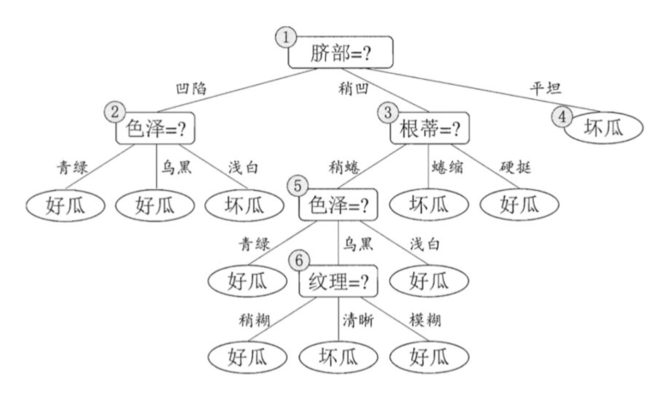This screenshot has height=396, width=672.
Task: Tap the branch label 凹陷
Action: pos(191,86)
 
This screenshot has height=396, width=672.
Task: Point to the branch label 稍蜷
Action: pos(346,166)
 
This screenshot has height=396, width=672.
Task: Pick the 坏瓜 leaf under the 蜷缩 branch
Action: pos(428,204)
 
